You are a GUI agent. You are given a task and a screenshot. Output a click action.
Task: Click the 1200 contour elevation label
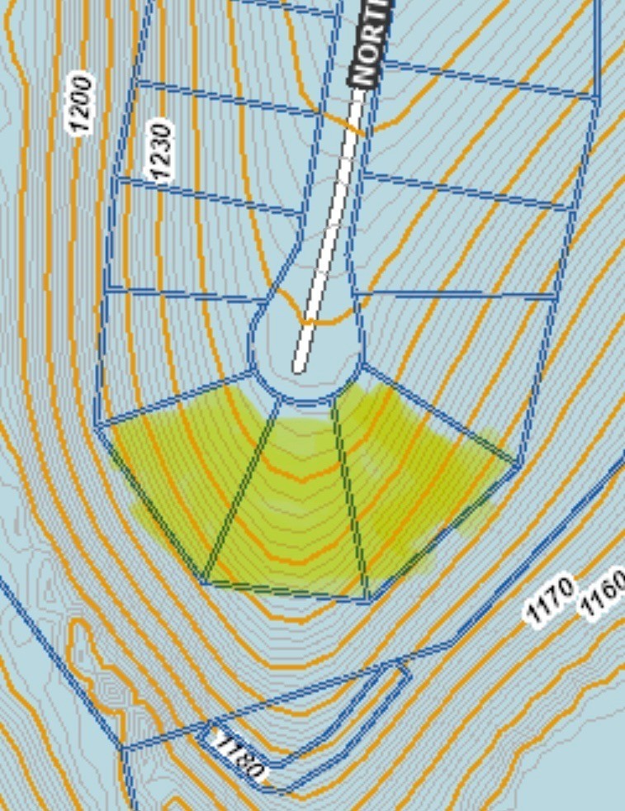coord(80,103)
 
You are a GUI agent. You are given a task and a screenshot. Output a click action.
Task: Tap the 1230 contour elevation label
coord(160,151)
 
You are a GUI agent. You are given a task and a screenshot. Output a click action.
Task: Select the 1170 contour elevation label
coord(550,600)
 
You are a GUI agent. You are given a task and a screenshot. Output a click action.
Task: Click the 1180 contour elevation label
coord(239,754)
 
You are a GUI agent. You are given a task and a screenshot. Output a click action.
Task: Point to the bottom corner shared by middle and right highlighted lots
coord(368,599)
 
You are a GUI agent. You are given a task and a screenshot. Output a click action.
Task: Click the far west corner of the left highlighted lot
coord(97,426)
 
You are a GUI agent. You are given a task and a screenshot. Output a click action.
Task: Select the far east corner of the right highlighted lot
coord(518,465)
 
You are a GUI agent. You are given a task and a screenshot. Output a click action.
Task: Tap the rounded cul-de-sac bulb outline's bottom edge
coord(307,401)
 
